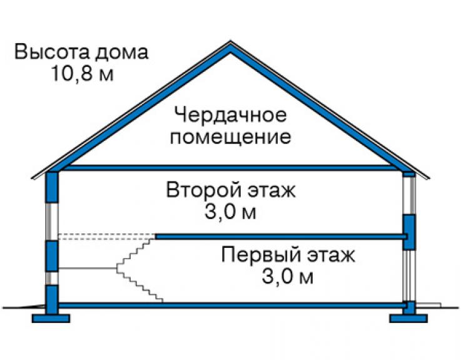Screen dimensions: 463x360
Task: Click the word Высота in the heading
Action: point(51,52)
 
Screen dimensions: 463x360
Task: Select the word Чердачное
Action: point(231,115)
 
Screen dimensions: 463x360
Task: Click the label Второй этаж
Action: point(231,190)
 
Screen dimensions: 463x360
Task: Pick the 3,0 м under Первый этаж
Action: point(287,276)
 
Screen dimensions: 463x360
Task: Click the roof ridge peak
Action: point(231,41)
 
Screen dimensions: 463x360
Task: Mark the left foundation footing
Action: point(51,318)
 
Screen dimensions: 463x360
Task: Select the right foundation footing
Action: point(409,318)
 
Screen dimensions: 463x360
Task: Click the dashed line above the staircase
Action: point(106,237)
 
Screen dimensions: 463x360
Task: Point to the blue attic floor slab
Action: point(231,168)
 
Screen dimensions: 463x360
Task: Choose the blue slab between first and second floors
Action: point(281,237)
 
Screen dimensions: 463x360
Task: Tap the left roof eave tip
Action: point(32,178)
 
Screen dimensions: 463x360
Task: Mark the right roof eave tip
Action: point(429,178)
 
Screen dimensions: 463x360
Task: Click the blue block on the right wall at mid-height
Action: point(409,232)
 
